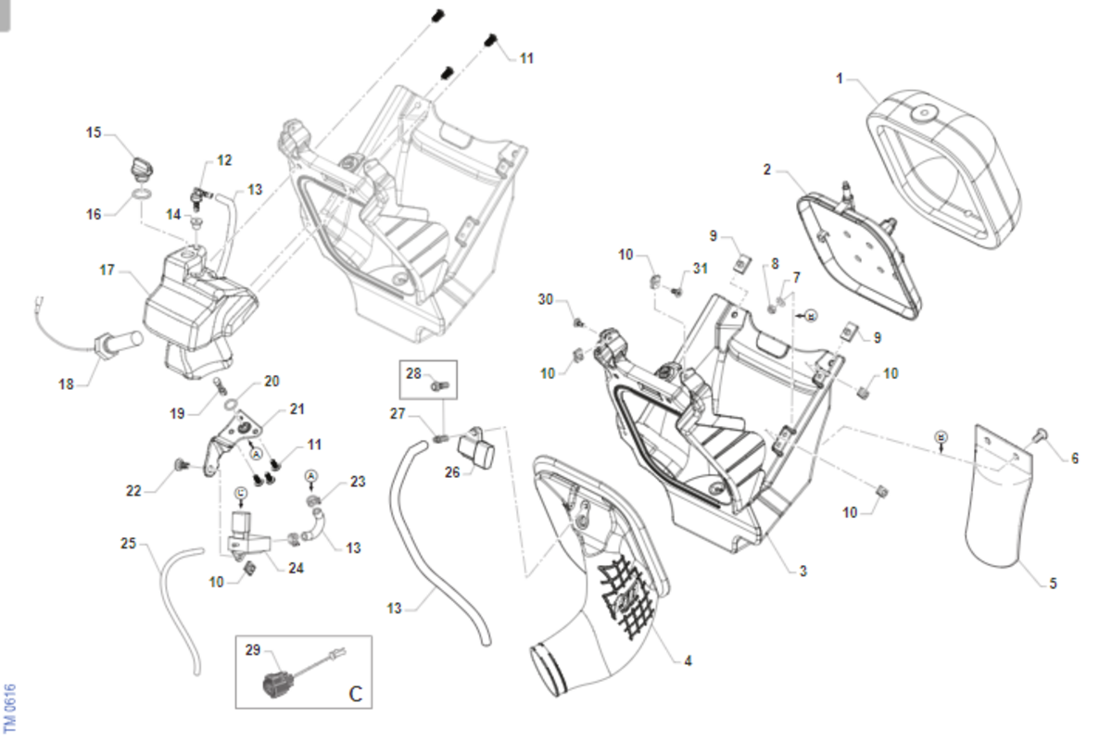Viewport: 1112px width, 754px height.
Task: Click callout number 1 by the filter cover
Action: tap(839, 79)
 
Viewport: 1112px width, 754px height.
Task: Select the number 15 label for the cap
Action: tap(94, 132)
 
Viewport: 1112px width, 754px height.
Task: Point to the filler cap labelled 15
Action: tap(142, 168)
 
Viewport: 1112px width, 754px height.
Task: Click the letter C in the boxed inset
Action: tap(356, 694)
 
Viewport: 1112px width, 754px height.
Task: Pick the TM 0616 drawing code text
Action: tap(10, 708)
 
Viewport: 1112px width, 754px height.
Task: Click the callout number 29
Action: tap(253, 649)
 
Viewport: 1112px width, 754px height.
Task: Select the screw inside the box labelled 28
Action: tap(440, 384)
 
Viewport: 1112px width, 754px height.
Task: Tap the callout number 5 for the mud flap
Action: tap(1053, 583)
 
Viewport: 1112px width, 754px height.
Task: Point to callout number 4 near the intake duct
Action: tap(688, 660)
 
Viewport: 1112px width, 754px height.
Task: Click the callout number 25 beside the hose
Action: tap(128, 543)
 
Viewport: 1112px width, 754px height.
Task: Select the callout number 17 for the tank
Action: tap(107, 270)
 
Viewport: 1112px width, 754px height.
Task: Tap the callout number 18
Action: tap(66, 383)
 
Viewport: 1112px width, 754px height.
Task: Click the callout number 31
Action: tap(700, 268)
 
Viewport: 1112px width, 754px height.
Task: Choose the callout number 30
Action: tap(546, 299)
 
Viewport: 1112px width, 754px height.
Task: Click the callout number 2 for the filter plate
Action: tap(767, 170)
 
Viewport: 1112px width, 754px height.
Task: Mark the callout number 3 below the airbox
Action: tap(803, 571)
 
